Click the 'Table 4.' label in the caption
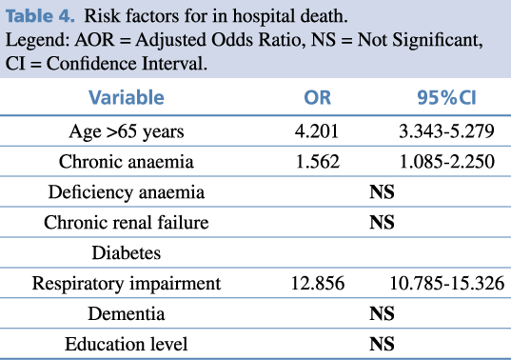pos(40,15)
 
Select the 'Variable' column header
pos(127,97)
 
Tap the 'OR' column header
pos(317,97)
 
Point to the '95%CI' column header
pos(446,97)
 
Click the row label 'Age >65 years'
pos(127,131)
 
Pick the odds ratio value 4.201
pos(317,131)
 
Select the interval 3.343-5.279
pos(446,131)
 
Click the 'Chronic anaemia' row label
pos(127,161)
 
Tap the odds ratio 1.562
pos(318,161)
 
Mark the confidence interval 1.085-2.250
pos(447,161)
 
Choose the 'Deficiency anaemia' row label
pos(127,192)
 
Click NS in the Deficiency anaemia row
pos(382,191)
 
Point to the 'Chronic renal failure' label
pos(127,223)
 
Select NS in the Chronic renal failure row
pos(382,223)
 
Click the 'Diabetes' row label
pos(127,252)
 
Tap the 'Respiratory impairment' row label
pos(127,284)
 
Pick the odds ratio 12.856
pos(318,283)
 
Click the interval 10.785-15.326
pos(447,283)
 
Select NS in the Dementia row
pos(382,313)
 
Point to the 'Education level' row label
pos(127,344)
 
